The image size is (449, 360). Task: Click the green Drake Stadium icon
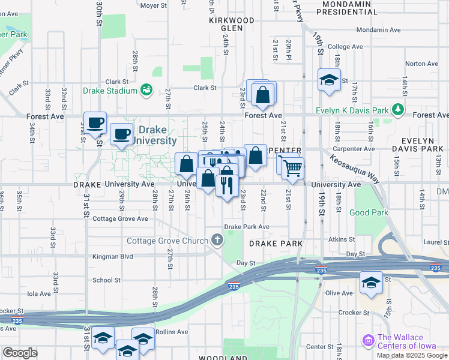point(145,90)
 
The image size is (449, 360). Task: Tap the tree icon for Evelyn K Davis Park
point(397,109)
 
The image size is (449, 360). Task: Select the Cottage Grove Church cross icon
point(217,241)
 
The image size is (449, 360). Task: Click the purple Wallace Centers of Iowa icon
point(369,340)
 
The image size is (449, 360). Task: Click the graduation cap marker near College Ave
point(329,80)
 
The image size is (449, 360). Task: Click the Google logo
point(19,353)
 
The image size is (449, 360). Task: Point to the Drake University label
point(157,135)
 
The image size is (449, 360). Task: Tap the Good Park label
point(369,212)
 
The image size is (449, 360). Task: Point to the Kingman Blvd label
point(112,256)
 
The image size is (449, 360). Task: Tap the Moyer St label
point(152,5)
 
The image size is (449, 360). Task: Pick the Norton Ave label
point(421,64)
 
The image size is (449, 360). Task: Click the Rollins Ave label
point(172,331)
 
